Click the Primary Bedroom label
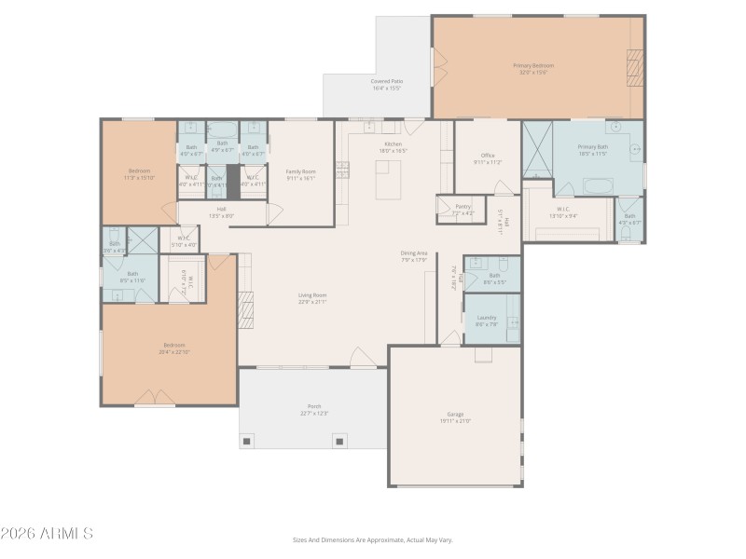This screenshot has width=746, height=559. coord(533,65)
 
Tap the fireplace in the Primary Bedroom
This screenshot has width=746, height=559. coord(634,67)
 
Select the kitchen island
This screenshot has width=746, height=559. coord(388,179)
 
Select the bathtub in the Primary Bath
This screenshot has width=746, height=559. coord(597,185)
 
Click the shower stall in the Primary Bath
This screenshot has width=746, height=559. coord(537,149)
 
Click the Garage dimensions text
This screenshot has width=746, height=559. coord(455,421)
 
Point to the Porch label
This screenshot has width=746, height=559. coord(314,407)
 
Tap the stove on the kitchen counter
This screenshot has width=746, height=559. coord(342,170)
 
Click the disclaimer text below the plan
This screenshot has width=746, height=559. coord(373,539)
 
